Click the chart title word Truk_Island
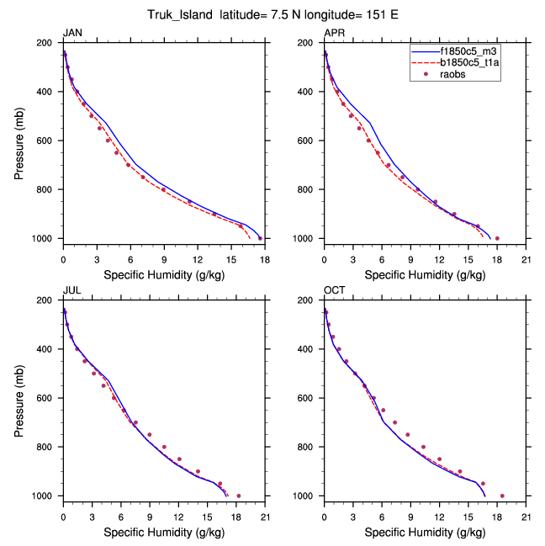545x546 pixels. click(x=184, y=14)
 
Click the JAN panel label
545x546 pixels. click(x=73, y=33)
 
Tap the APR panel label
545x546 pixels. click(x=334, y=33)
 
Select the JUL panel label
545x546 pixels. click(x=72, y=290)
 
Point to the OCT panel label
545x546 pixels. click(x=334, y=290)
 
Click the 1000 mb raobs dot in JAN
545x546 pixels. click(x=260, y=238)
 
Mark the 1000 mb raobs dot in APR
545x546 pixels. click(x=497, y=238)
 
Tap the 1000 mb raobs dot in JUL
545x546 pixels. click(x=239, y=496)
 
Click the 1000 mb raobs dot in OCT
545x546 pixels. click(x=502, y=496)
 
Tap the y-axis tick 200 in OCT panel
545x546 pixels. click(x=309, y=300)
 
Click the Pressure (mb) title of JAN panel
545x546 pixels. click(x=19, y=140)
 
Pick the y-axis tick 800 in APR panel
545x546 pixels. click(x=309, y=189)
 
